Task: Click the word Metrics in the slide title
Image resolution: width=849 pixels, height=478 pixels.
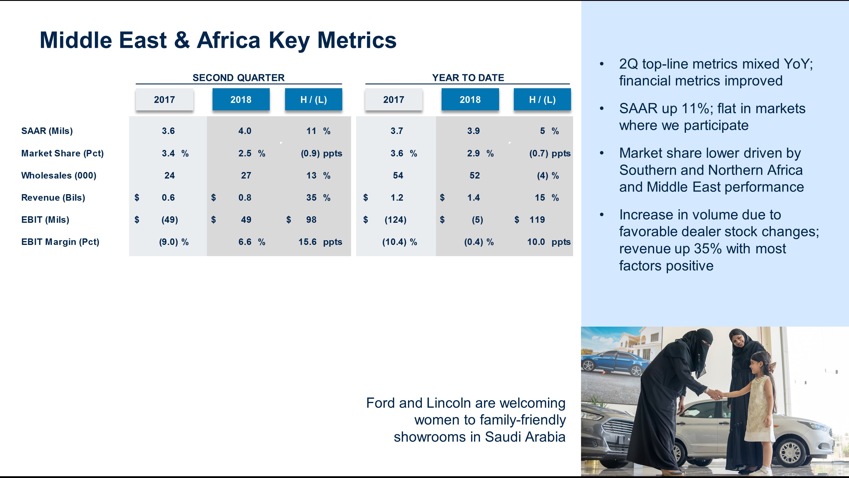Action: click(357, 40)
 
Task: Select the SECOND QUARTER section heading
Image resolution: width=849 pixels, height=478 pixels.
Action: click(238, 78)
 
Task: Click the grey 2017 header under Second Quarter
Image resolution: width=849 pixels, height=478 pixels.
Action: click(164, 99)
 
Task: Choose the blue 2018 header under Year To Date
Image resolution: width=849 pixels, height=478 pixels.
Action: click(470, 99)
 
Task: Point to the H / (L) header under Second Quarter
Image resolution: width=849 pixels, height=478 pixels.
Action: click(313, 99)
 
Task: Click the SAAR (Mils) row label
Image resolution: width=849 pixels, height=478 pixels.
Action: click(47, 131)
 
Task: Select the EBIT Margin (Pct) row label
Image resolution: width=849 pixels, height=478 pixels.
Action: click(60, 242)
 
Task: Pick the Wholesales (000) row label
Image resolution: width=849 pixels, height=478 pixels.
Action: click(59, 176)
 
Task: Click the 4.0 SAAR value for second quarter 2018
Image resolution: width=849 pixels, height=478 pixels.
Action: click(245, 131)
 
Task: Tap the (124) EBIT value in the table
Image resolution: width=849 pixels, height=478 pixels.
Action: click(396, 220)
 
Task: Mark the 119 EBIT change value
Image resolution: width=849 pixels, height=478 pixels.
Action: click(537, 220)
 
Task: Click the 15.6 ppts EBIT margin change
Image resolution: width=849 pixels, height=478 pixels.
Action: click(320, 242)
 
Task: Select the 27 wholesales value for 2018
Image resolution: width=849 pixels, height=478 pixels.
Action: click(246, 176)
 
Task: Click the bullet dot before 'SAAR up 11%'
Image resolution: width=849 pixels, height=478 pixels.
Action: click(601, 109)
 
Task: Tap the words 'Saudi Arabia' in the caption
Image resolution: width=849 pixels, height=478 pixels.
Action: click(525, 437)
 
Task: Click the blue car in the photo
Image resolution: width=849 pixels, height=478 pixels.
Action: click(613, 364)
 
